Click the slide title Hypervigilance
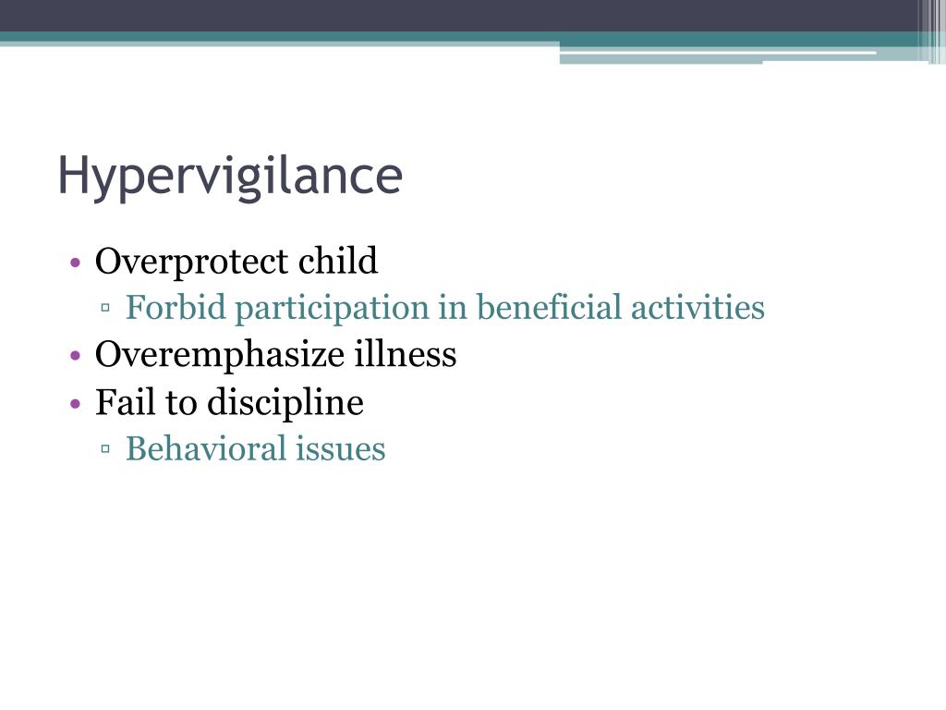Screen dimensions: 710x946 click(x=230, y=176)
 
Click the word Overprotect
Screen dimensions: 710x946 click(x=191, y=262)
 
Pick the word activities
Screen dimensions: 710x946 click(x=697, y=308)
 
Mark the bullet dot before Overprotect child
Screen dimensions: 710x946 click(x=77, y=263)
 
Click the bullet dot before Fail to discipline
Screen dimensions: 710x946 click(x=77, y=404)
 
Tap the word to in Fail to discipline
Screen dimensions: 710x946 click(x=179, y=404)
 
